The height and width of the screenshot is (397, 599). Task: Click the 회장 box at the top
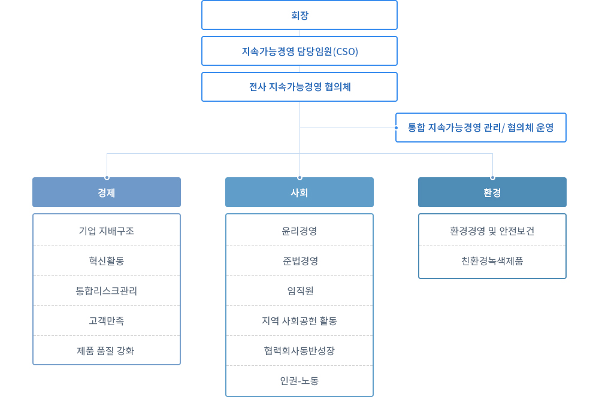point(299,15)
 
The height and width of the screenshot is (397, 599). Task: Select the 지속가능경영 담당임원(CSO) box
point(299,51)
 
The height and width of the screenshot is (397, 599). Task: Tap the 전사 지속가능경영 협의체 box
point(299,87)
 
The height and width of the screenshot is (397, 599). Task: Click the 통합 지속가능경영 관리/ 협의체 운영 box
point(481,128)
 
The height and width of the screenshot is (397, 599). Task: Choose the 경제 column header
point(107,192)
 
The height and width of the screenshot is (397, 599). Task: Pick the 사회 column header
point(299,192)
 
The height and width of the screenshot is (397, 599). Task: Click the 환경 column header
point(492,192)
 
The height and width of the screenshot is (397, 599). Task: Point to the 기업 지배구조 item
point(107,231)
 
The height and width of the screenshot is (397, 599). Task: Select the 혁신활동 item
point(107,260)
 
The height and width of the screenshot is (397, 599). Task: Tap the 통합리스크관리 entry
point(107,291)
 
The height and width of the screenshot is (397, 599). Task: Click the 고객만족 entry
point(107,321)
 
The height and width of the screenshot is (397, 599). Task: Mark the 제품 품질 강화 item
point(105,351)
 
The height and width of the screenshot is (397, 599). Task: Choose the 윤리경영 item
point(299,231)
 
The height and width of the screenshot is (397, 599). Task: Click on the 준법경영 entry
point(300,260)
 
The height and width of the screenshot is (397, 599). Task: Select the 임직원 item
point(300,291)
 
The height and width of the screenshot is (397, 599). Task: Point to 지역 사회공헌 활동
point(299,321)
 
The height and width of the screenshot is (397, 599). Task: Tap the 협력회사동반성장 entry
point(299,351)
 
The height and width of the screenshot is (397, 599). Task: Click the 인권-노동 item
point(299,381)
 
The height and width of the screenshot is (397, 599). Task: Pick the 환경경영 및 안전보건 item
point(492,231)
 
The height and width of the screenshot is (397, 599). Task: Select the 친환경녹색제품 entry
point(492,260)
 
